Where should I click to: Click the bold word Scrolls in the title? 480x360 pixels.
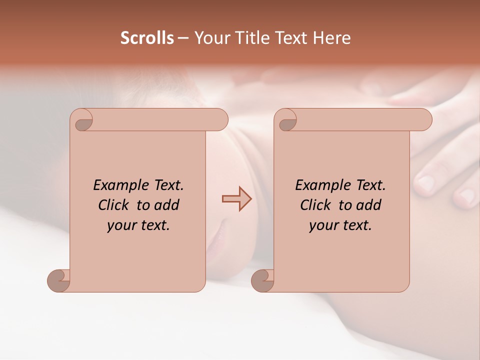pos(147,38)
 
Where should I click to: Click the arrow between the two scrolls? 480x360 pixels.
pos(236,199)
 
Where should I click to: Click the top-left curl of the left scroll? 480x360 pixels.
pos(82,120)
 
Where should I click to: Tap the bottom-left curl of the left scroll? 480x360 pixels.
pos(58,280)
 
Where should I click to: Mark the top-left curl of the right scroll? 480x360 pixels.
pos(286,120)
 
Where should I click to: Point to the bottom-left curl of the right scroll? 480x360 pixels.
pos(262,280)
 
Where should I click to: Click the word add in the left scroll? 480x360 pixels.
pos(167,205)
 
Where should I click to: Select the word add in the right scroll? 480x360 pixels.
pos(369,205)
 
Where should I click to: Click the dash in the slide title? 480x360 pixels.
pos(182,38)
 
